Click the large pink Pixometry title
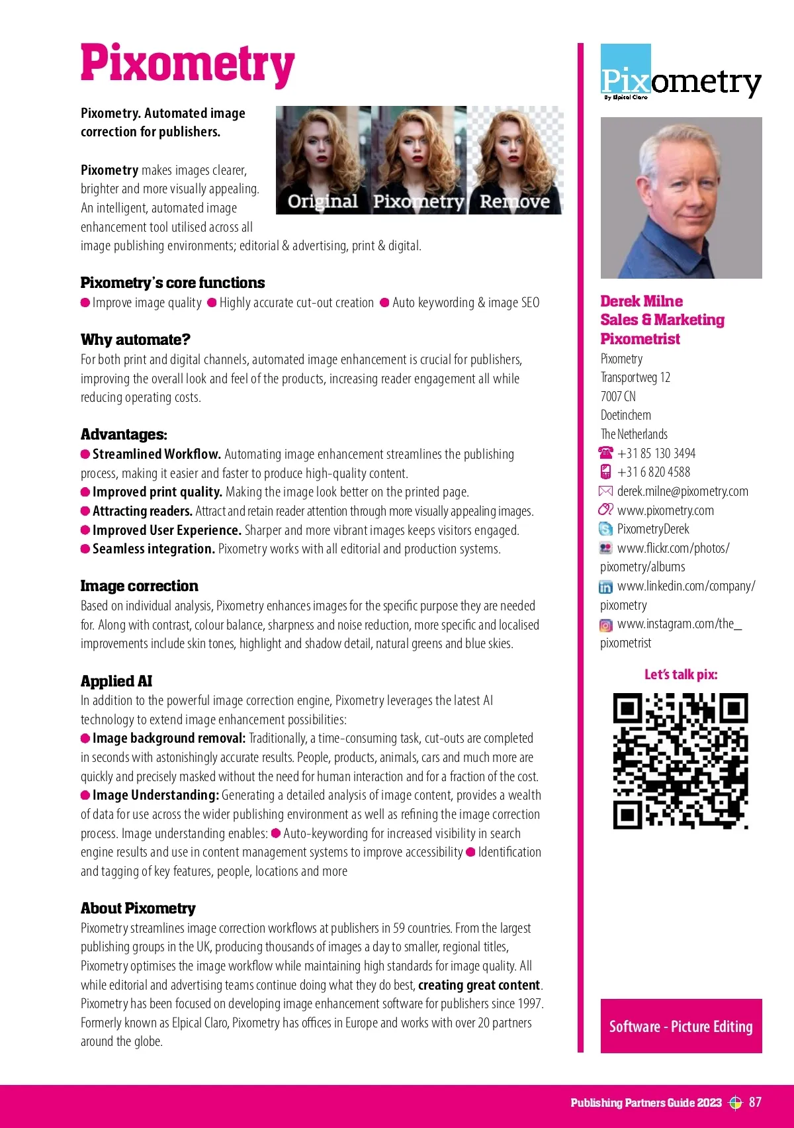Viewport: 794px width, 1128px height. click(187, 64)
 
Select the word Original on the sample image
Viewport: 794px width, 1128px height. click(322, 201)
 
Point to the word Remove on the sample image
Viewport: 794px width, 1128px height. click(515, 201)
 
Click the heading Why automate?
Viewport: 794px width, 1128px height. click(136, 340)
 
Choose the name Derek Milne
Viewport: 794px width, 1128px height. click(641, 301)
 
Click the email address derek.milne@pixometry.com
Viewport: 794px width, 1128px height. click(682, 491)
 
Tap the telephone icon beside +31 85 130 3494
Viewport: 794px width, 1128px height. click(605, 453)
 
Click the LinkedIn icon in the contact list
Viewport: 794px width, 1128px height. click(605, 587)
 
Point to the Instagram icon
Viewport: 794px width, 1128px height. click(605, 625)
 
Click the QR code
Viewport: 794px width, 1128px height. click(680, 761)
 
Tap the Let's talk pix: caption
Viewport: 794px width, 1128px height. click(681, 675)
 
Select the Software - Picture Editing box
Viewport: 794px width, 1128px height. click(681, 1026)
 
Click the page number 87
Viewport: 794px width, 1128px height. click(755, 1102)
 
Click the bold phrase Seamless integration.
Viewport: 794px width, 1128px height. click(154, 549)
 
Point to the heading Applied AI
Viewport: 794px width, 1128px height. click(116, 681)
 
